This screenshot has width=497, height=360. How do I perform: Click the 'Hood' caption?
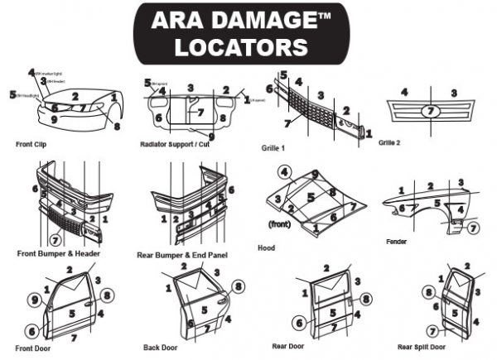(x=267, y=247)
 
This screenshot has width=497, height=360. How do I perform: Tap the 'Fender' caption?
(x=396, y=242)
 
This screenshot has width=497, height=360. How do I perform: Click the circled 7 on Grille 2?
(x=429, y=111)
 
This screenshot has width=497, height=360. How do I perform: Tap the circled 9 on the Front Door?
(x=35, y=299)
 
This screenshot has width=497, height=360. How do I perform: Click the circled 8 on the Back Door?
(x=239, y=287)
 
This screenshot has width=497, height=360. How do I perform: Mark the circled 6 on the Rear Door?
(x=298, y=324)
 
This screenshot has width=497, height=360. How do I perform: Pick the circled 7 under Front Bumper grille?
(x=55, y=240)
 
